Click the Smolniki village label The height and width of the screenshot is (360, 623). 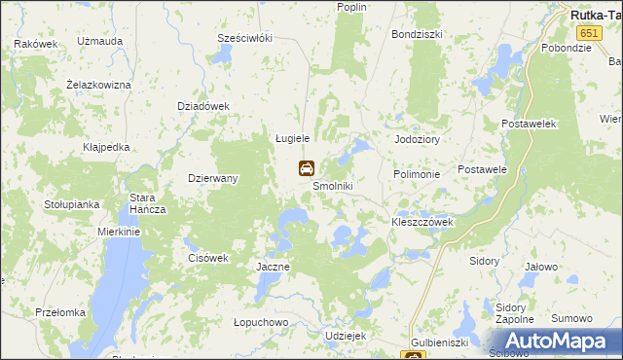pos(332,186)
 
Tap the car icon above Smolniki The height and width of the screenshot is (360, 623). pos(306,168)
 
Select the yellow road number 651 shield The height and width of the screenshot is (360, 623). pos(580,33)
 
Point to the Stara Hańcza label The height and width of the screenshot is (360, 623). pos(149,203)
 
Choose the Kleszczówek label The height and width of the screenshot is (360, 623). pos(422,222)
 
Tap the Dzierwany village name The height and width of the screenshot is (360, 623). pos(213,178)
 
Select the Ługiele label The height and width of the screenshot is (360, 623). pos(289,138)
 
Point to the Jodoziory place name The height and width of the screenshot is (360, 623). pos(418,139)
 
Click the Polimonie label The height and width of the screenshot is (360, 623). pos(418,174)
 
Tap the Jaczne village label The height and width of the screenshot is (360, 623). pos(273,266)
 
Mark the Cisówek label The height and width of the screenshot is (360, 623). pos(206,258)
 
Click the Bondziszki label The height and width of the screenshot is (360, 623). pos(417,33)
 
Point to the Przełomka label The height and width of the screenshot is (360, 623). pos(60,312)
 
